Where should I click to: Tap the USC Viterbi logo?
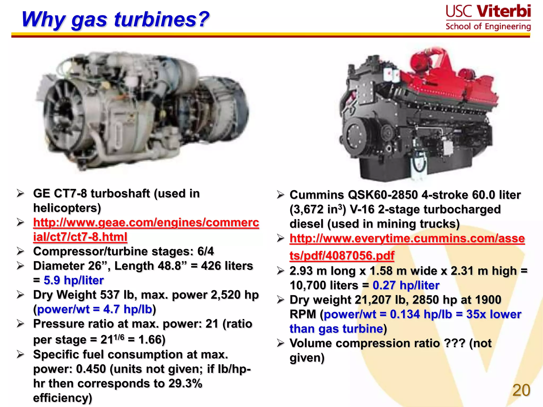coord(488,17)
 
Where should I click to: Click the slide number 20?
coord(521,390)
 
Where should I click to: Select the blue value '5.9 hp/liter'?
coord(73,280)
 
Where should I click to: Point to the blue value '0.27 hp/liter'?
coord(406,285)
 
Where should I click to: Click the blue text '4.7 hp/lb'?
coord(128,309)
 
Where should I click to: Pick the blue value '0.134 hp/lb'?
coord(421,314)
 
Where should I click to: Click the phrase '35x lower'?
coord(494,314)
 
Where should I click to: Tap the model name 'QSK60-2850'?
coord(383,195)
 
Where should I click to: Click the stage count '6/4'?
coord(205,251)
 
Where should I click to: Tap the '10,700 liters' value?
coord(324,285)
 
